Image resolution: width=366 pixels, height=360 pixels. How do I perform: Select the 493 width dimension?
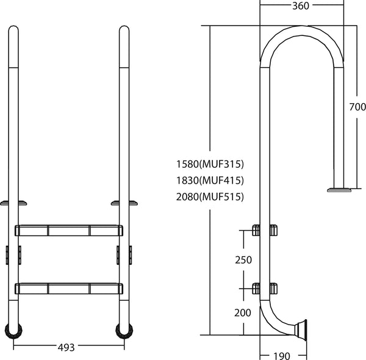[66, 347]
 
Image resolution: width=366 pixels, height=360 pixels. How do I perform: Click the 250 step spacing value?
[243, 260]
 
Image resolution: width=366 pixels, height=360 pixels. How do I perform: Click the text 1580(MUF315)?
[209, 164]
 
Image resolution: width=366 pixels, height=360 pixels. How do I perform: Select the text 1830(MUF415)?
[209, 180]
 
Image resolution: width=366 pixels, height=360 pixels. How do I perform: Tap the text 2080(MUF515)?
[209, 196]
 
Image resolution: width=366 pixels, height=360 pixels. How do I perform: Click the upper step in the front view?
[68, 230]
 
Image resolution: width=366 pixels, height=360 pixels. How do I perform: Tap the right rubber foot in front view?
[123, 331]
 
